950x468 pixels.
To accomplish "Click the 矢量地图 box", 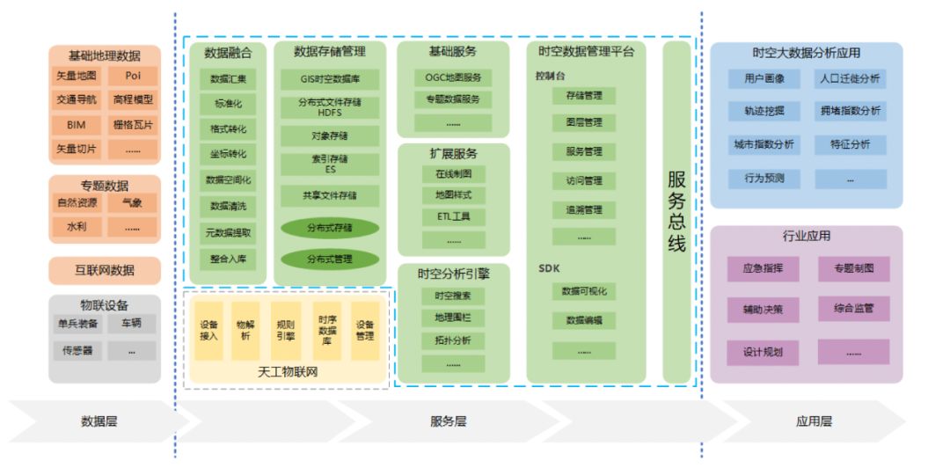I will click(x=77, y=76).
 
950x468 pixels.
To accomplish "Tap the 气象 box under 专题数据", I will click(x=133, y=203).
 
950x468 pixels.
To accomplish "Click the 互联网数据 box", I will click(x=105, y=270).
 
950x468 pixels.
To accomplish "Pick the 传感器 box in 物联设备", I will click(x=77, y=350).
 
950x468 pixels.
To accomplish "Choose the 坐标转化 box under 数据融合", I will click(x=228, y=155).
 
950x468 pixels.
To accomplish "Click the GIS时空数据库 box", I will click(x=330, y=79).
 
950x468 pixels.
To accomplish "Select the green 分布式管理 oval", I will click(x=330, y=260).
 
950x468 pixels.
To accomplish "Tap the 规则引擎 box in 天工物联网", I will click(x=286, y=331).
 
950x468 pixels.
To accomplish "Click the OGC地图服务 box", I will click(x=453, y=77).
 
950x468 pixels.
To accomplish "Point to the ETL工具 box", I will click(x=453, y=216).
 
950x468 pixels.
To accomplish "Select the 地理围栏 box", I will click(x=453, y=317).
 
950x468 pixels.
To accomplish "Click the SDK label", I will click(x=549, y=268).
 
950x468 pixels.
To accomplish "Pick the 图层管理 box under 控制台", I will click(x=584, y=122).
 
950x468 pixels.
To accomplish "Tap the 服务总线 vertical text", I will click(x=676, y=211).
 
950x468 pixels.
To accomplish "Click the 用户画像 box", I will click(x=764, y=78).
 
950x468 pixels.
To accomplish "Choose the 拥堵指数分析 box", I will click(x=850, y=112).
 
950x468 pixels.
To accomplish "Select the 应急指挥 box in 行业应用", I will click(x=764, y=268).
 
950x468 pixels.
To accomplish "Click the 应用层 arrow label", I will click(x=814, y=421).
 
